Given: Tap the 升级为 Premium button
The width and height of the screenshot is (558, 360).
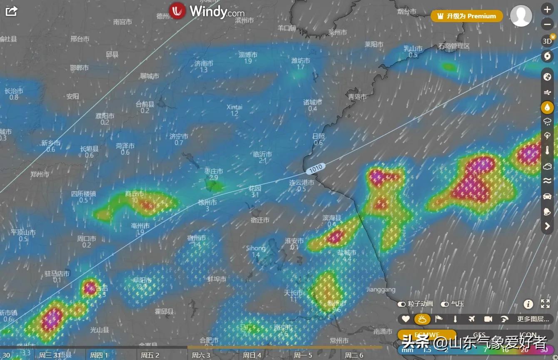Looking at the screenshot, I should coord(467,16).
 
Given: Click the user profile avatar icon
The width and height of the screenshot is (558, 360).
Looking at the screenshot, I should coord(521,16).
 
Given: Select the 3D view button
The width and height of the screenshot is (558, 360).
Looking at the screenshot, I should coord(547,41).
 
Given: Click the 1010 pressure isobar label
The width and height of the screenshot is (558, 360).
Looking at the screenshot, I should coord(316,168).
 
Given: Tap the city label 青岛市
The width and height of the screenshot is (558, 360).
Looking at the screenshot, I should coord(357,97).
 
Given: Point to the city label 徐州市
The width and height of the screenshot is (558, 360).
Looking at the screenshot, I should coord(207,202).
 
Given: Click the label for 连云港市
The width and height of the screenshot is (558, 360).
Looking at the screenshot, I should coord(302,182).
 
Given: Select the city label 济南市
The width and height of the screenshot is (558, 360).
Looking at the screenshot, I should coord(203,63).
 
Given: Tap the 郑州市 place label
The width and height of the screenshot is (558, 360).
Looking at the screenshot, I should coord(40,174).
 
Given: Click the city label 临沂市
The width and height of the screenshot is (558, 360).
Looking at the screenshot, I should coord(262,154).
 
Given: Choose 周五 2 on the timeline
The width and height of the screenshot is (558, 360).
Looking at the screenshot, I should coord(150,355).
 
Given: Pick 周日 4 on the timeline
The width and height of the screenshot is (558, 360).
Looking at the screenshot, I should coord(252,355).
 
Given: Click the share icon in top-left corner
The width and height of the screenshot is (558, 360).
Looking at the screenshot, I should coord(11,11).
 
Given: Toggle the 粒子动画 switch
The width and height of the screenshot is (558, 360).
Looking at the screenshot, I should coord(402,304).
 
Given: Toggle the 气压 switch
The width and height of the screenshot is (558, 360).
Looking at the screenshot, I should coord(445,304).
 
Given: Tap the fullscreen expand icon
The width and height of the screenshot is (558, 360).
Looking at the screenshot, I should coord(545,304).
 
